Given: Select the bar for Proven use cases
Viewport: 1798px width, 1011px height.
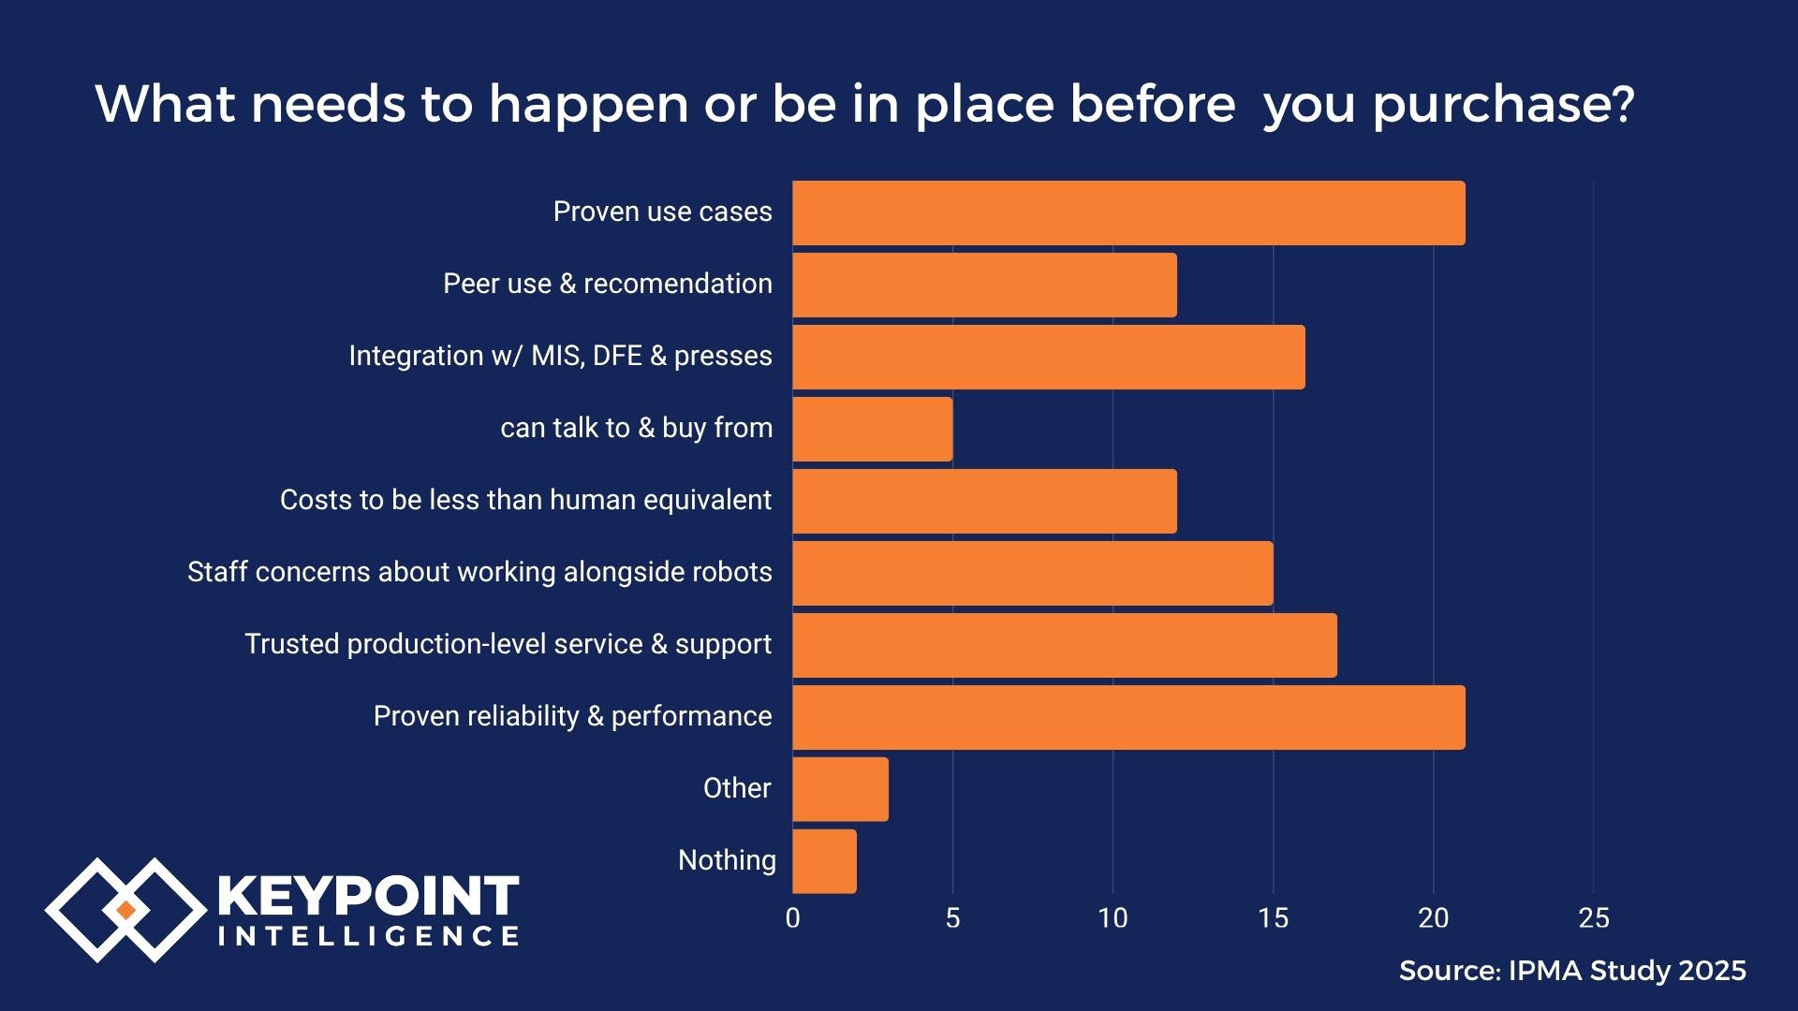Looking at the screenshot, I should (x=1128, y=213).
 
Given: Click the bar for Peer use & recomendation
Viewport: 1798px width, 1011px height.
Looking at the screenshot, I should (x=984, y=286).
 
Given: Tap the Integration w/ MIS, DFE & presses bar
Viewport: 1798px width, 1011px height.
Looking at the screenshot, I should (x=1048, y=358).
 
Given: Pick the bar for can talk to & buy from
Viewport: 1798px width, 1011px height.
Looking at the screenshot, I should (x=872, y=430).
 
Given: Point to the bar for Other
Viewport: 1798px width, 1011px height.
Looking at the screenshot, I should (x=840, y=789).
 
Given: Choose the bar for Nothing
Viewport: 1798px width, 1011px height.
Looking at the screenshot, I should (x=824, y=861).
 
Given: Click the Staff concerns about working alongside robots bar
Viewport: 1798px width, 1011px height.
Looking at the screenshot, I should (x=1032, y=574).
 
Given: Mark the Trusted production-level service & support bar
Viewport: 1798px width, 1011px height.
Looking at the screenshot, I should (x=1064, y=646).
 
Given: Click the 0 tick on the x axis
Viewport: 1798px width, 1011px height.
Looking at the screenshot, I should (x=792, y=918).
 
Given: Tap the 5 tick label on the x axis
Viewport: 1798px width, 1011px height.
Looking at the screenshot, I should (x=952, y=918).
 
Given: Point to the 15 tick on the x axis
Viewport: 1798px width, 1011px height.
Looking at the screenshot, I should (x=1273, y=918).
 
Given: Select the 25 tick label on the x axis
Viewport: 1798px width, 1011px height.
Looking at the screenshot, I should (x=1593, y=918).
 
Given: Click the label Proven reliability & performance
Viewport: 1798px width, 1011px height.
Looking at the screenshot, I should (x=572, y=716).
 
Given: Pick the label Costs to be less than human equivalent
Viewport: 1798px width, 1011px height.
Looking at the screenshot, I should (x=525, y=500).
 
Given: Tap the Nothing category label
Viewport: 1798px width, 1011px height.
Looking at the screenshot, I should (x=727, y=860).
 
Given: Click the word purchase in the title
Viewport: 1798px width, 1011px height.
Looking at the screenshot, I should (x=1503, y=105).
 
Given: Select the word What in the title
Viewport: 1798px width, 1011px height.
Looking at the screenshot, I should (x=163, y=103).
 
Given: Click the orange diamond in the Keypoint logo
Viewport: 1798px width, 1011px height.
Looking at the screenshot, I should (x=125, y=910).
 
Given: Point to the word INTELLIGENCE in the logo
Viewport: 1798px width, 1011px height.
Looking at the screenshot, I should (x=368, y=936).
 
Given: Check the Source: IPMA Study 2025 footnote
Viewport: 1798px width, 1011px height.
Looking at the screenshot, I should (x=1572, y=971).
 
